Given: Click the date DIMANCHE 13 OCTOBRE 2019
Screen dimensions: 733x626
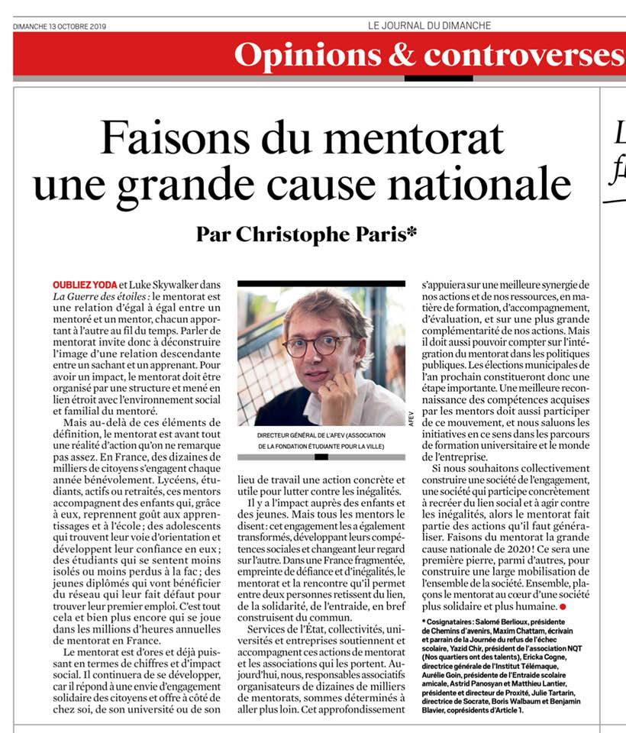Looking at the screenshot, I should click(60, 26).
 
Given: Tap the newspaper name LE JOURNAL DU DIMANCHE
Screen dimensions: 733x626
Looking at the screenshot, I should click(429, 26).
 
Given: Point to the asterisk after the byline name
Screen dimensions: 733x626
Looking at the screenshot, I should click(412, 230).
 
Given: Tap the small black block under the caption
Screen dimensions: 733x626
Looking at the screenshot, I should click(321, 457).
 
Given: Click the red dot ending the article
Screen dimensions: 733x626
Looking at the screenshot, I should click(563, 606).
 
